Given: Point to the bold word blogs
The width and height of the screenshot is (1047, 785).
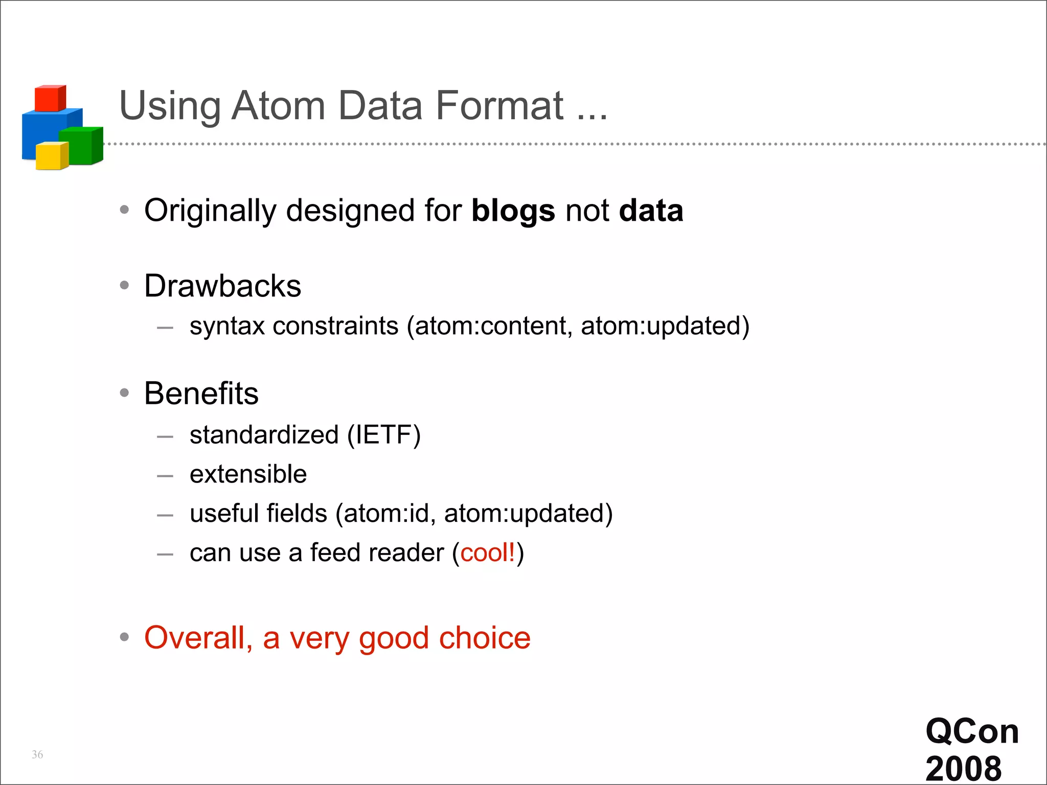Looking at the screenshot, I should point(513,211).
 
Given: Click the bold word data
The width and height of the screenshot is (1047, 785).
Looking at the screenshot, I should point(651,210).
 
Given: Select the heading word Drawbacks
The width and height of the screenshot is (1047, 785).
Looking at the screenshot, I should point(222,286).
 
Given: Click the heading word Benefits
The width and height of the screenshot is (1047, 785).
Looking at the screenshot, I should point(201,394).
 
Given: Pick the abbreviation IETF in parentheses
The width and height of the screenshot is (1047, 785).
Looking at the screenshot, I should point(383,435).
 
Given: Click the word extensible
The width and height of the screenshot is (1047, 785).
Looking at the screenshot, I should point(248,474).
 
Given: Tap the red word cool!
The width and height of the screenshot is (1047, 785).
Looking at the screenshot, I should point(487,553).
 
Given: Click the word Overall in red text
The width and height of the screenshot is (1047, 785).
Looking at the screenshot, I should point(198,638).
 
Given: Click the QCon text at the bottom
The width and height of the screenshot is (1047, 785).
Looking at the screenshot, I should point(972,731).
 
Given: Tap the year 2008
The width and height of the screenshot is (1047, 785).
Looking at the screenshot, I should point(963,768).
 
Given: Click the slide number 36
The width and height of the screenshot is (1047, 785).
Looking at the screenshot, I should point(37,754).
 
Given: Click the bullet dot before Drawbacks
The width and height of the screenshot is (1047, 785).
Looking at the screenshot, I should point(124,285).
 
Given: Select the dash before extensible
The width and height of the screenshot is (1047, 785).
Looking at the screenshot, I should point(165,476).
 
